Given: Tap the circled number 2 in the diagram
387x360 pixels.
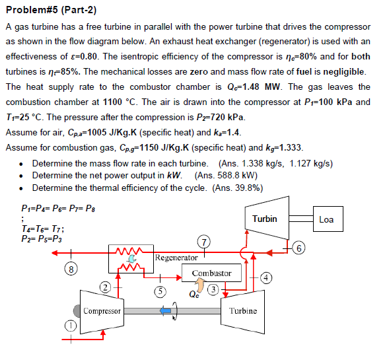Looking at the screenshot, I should pos(105,287).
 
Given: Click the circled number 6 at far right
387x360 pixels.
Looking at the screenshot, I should pos(300,248).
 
